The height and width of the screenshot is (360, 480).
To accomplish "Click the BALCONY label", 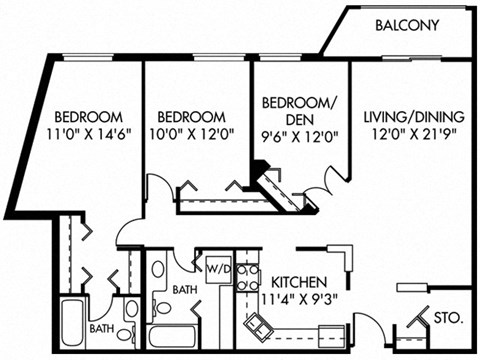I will coord(407,25).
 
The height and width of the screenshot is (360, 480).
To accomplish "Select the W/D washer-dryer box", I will coord(218,269).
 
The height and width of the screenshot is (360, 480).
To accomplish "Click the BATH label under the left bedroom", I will coord(102,326).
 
